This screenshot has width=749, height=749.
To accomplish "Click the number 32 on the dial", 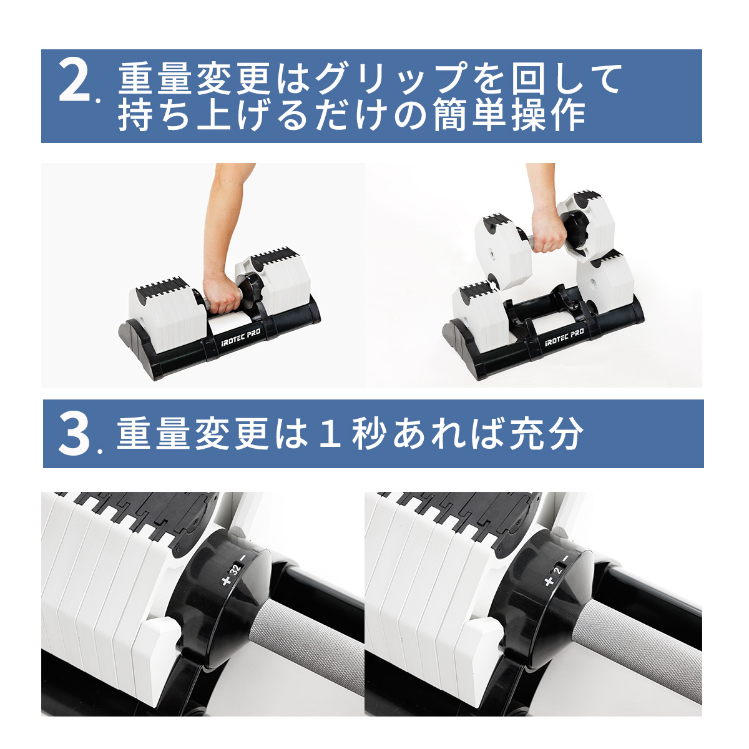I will coord(235,569).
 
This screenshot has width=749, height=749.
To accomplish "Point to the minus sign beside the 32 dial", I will coord(243,557).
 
